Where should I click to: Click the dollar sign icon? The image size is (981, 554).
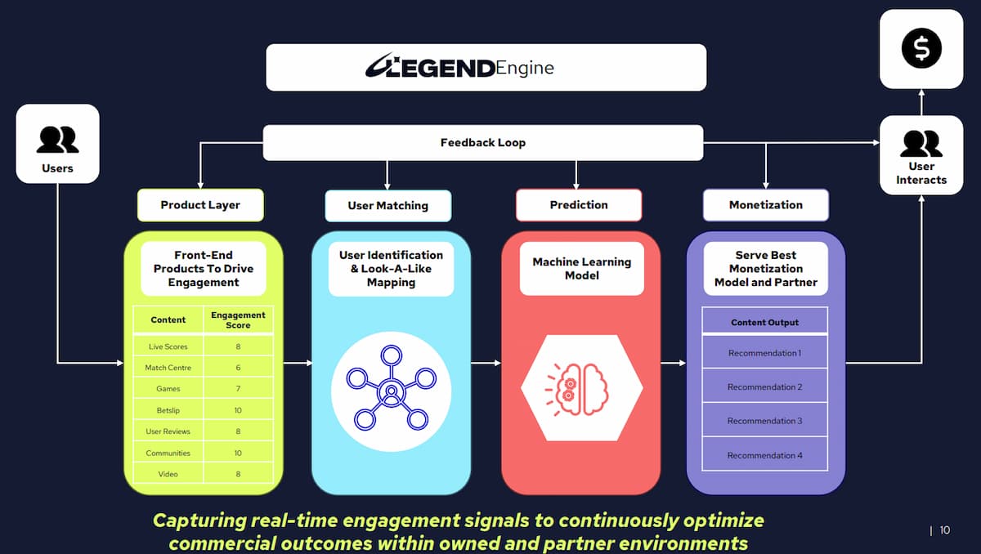click(921, 48)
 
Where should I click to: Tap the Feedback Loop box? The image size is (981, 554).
click(483, 143)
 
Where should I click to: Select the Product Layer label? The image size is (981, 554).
click(200, 205)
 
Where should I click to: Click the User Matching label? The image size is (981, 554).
click(388, 205)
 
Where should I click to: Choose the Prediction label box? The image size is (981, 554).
click(579, 205)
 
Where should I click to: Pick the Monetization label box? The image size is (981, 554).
click(766, 205)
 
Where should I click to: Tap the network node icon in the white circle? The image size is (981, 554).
click(391, 387)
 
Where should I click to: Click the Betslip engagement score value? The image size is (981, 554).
click(238, 410)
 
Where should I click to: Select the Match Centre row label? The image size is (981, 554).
click(168, 368)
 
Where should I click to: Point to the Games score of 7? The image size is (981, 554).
click(238, 389)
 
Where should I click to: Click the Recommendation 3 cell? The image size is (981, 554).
click(764, 421)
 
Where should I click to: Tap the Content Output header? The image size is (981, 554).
click(764, 322)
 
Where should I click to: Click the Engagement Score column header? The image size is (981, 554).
click(238, 319)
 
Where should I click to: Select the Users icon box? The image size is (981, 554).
click(57, 144)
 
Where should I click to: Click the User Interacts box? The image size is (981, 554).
click(921, 155)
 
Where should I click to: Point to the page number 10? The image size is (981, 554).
click(945, 530)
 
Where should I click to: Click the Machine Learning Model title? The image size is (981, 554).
click(581, 269)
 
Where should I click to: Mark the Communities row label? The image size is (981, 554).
click(168, 453)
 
